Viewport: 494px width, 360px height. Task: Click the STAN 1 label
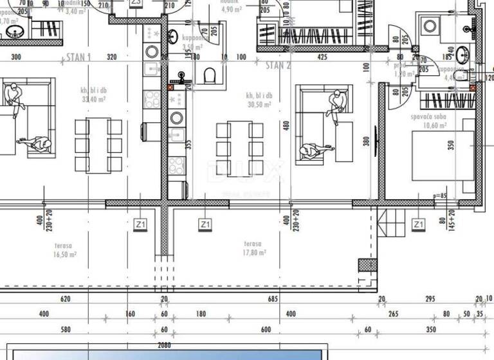[78, 57]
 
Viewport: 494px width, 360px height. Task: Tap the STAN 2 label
[279, 64]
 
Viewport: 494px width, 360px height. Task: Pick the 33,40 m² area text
[95, 100]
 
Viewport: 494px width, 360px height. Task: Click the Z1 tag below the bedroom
[418, 224]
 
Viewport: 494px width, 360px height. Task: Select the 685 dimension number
[273, 299]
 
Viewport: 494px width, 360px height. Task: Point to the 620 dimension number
[65, 299]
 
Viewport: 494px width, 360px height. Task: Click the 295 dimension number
[431, 299]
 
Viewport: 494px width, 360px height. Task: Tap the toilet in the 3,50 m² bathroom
[210, 76]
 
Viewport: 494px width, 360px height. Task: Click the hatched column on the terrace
[365, 265]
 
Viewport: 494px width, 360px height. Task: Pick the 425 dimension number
[322, 57]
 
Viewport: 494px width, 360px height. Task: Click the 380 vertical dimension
[366, 142]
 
